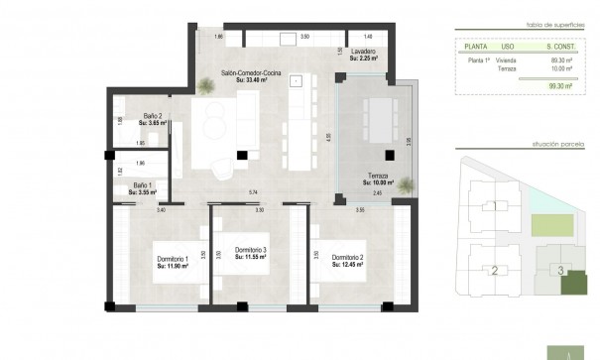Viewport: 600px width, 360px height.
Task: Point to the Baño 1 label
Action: [x=143, y=184]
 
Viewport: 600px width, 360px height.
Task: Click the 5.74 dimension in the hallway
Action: [x=252, y=191]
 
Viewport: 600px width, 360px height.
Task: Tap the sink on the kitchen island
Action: [x=296, y=84]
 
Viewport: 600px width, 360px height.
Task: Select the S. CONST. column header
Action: [x=562, y=46]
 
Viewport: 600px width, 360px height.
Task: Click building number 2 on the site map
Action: [x=493, y=269]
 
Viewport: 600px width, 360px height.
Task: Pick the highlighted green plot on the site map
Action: [x=572, y=285]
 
